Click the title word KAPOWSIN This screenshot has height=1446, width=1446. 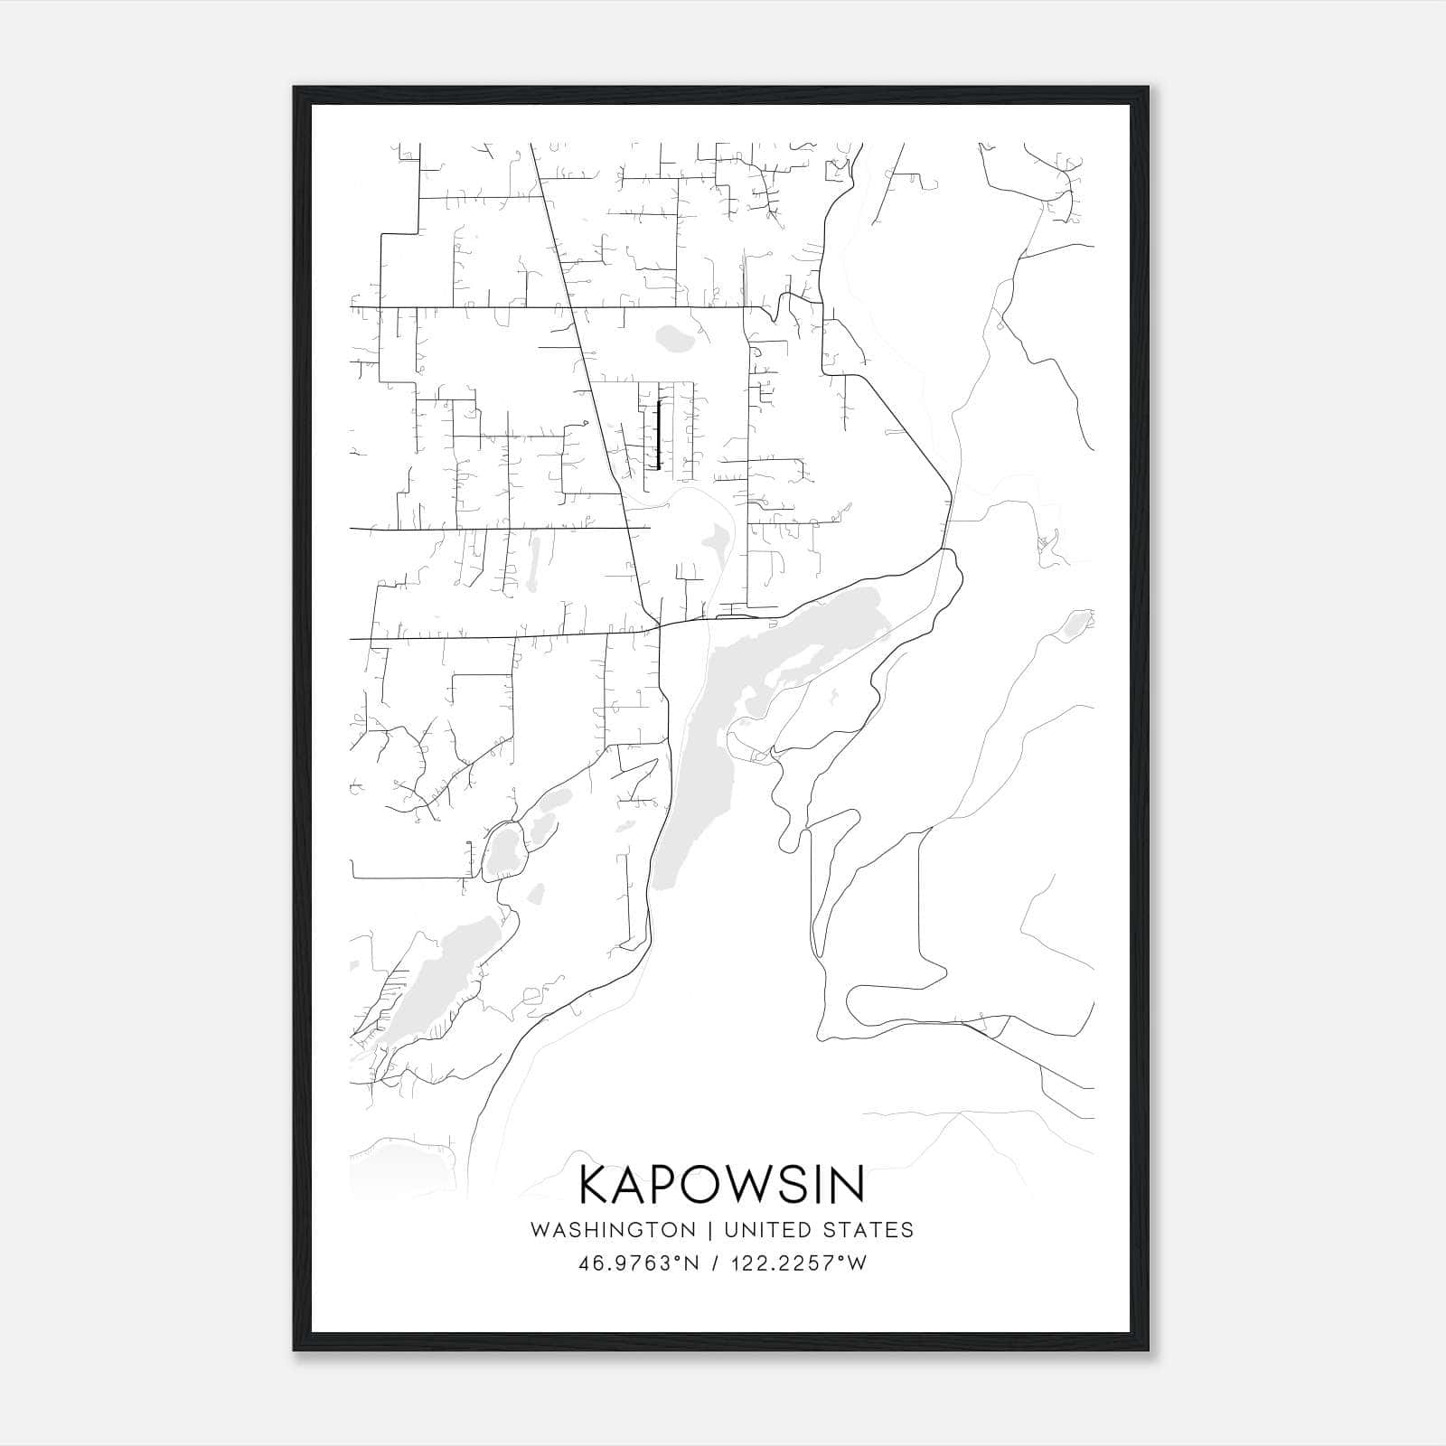pyautogui.click(x=721, y=1185)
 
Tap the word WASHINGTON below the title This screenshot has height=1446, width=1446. pyautogui.click(x=613, y=1230)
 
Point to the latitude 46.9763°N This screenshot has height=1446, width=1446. pyautogui.click(x=639, y=1263)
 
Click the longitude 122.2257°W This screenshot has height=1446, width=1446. pyautogui.click(x=801, y=1263)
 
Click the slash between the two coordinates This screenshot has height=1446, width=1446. pyautogui.click(x=715, y=1263)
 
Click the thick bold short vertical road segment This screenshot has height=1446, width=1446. pyautogui.click(x=659, y=435)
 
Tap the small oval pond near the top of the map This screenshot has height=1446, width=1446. pyautogui.click(x=673, y=339)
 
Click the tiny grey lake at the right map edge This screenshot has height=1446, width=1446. pyautogui.click(x=1075, y=624)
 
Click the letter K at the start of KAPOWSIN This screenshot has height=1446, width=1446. pyautogui.click(x=597, y=1185)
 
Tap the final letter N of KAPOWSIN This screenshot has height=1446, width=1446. pyautogui.click(x=848, y=1185)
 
